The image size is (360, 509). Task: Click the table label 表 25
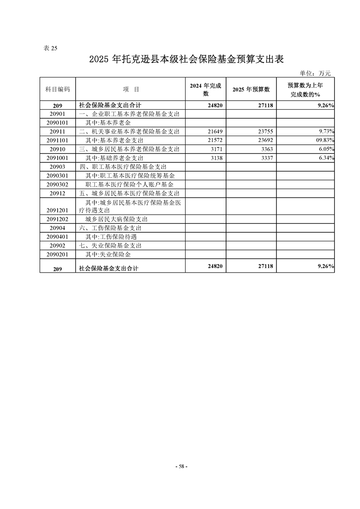[x=50, y=48]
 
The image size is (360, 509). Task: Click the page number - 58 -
[x=181, y=466]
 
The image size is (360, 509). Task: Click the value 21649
[x=214, y=132]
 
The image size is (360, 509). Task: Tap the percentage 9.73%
[x=326, y=132]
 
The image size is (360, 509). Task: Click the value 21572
[x=214, y=140]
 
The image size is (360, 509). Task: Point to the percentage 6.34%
[x=326, y=158]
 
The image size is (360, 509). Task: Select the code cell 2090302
[x=58, y=184]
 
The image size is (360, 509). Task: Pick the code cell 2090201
[x=58, y=254]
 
